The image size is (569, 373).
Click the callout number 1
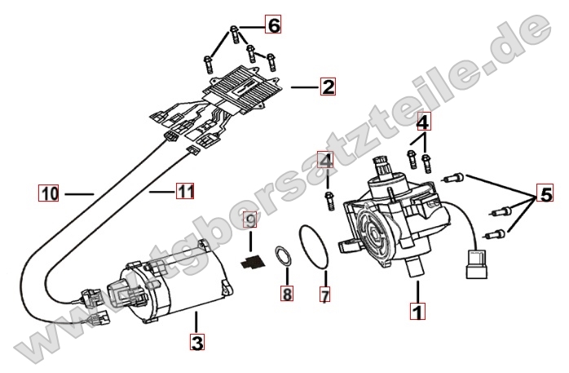(417, 311)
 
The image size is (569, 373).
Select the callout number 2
(328, 86)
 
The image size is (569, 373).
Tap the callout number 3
(196, 343)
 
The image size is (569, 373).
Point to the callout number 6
(273, 25)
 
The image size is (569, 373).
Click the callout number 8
(286, 294)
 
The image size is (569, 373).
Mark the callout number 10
(48, 193)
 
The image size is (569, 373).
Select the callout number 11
(185, 192)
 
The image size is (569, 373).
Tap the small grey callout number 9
(252, 220)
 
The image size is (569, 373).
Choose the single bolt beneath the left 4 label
(329, 198)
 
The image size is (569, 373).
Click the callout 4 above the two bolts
(423, 122)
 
